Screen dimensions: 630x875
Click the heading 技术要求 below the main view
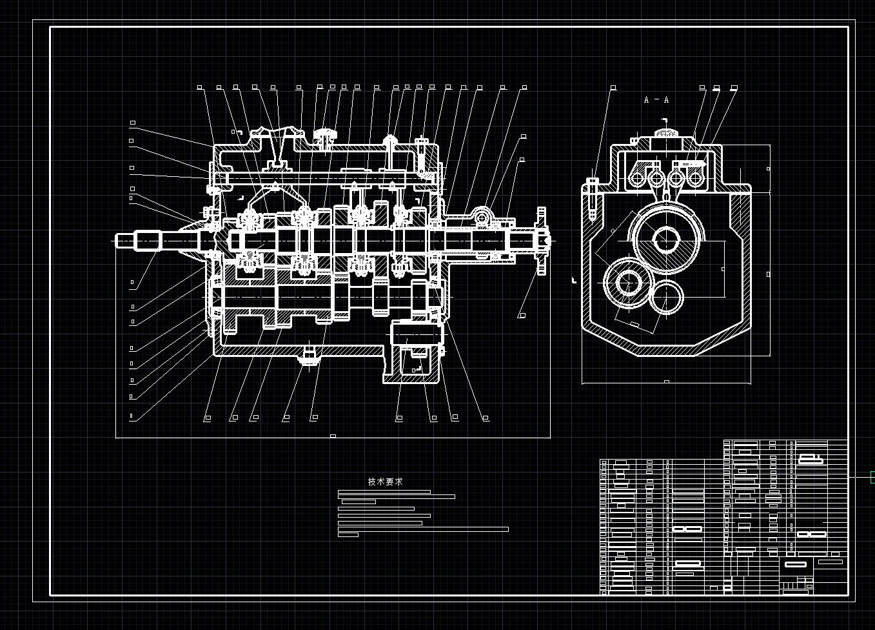pyautogui.click(x=386, y=482)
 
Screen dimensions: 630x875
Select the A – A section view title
pyautogui.click(x=656, y=100)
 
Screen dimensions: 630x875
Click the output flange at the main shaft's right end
pyautogui.click(x=541, y=241)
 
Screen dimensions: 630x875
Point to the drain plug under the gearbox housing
pyautogui.click(x=310, y=357)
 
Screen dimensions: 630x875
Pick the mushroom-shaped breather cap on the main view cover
pyautogui.click(x=325, y=135)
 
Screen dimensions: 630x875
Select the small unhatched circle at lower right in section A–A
pyautogui.click(x=666, y=298)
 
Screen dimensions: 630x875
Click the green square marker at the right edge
pyautogui.click(x=872, y=477)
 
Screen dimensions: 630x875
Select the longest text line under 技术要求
pyautogui.click(x=423, y=529)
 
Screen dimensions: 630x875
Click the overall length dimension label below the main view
pyautogui.click(x=333, y=436)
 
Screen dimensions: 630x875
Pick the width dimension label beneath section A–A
pyautogui.click(x=666, y=381)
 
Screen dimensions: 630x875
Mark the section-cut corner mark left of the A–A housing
pyautogui.click(x=573, y=281)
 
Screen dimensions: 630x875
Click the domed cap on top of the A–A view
pyautogui.click(x=666, y=133)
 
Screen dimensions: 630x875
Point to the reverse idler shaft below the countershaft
pyautogui.click(x=416, y=336)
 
